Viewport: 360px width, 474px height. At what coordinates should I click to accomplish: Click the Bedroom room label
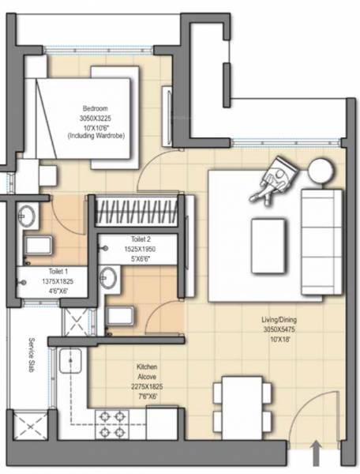click(x=96, y=109)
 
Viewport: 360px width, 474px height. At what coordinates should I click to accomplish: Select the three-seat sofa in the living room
click(x=322, y=243)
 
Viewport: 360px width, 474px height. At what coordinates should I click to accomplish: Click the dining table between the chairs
click(x=242, y=404)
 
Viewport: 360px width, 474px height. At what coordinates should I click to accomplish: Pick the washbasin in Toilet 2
click(x=108, y=277)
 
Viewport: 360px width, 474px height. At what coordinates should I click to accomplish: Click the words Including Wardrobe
click(x=96, y=137)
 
